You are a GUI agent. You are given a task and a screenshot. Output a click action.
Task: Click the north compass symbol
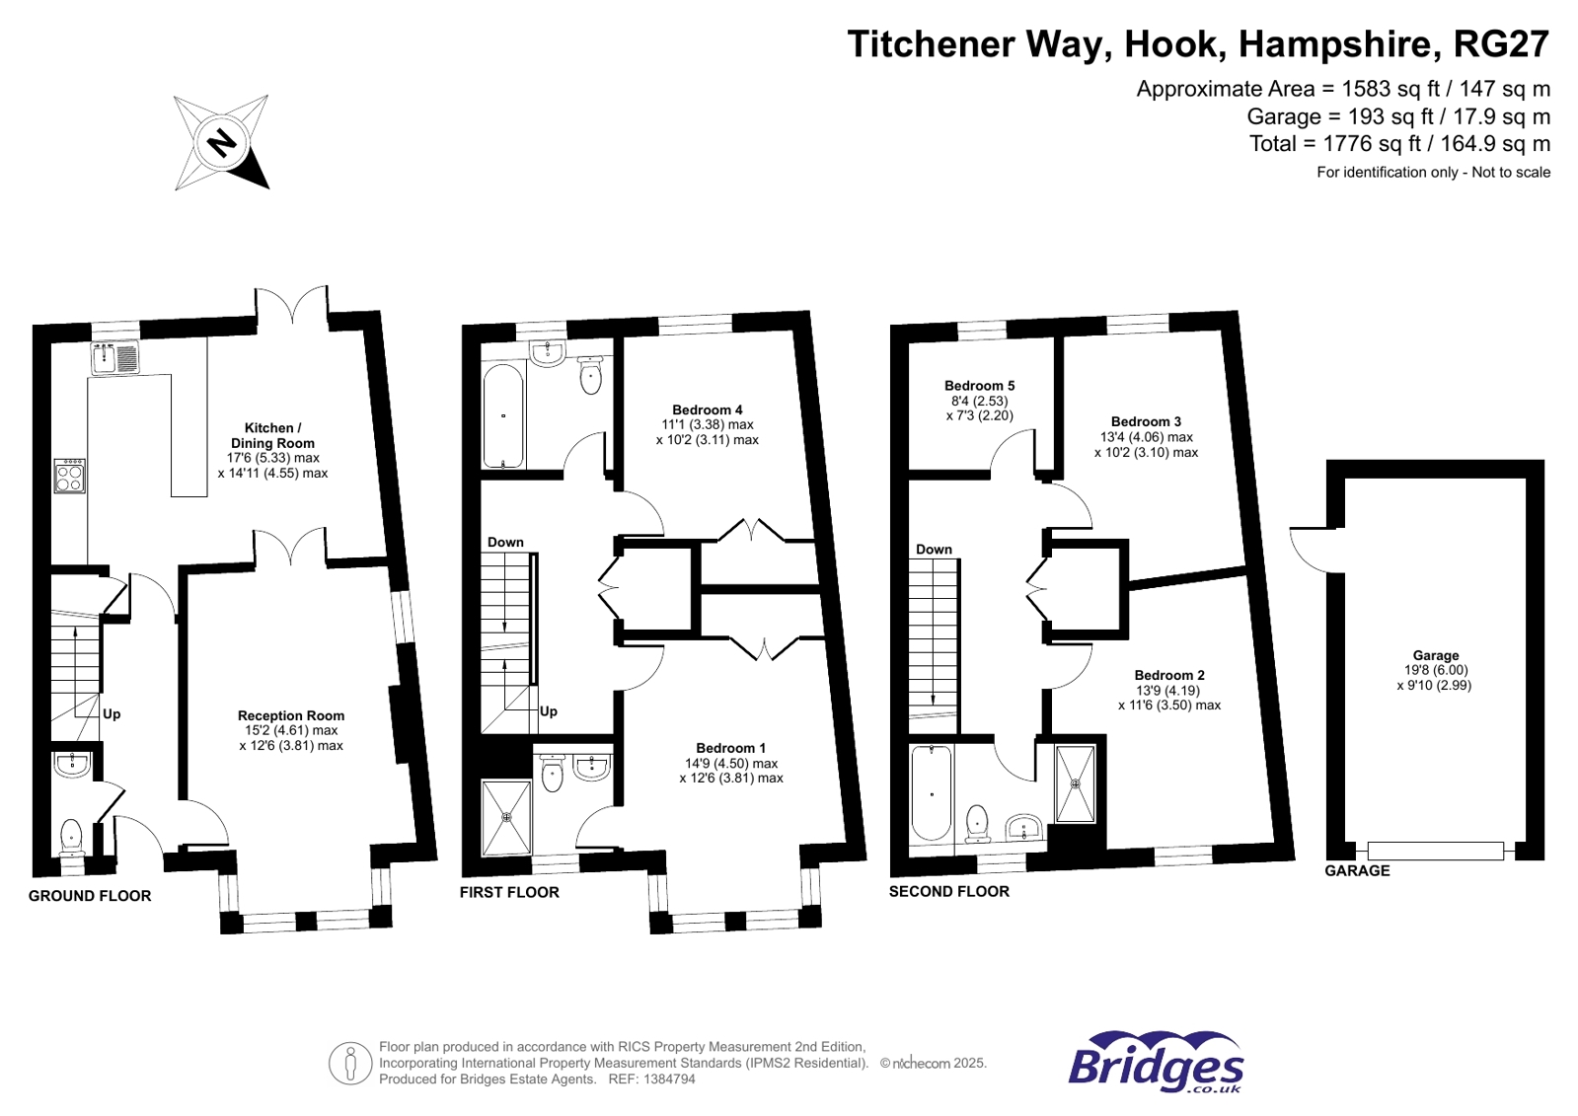coord(221,142)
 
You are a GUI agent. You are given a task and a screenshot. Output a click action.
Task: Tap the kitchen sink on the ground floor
coord(116,357)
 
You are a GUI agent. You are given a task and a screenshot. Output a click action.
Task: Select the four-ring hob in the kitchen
coord(69,476)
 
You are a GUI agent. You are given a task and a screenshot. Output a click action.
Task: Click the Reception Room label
coord(291,715)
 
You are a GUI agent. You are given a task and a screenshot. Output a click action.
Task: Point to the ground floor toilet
coord(72,838)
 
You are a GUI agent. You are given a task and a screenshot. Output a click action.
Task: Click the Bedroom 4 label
coord(707,409)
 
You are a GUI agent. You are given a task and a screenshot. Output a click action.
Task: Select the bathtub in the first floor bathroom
coord(503,415)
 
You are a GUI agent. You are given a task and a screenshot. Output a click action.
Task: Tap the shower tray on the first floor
coord(506,817)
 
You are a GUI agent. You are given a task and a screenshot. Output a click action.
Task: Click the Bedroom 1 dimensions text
coord(731,771)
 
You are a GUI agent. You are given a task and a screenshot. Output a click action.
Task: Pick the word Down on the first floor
coord(505,542)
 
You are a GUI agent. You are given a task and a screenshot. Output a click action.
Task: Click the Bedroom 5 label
coord(979,386)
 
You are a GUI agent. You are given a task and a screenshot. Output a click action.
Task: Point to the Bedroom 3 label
coord(1146,421)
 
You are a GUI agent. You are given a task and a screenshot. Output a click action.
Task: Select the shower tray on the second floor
coord(1075,783)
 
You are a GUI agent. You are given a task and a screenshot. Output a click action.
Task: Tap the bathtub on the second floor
coord(932,792)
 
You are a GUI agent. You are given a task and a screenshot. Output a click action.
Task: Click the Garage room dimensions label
coord(1434,677)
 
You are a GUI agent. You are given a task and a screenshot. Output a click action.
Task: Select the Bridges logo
coord(1156,1064)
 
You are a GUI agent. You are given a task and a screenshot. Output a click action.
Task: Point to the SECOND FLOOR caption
coord(948,891)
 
